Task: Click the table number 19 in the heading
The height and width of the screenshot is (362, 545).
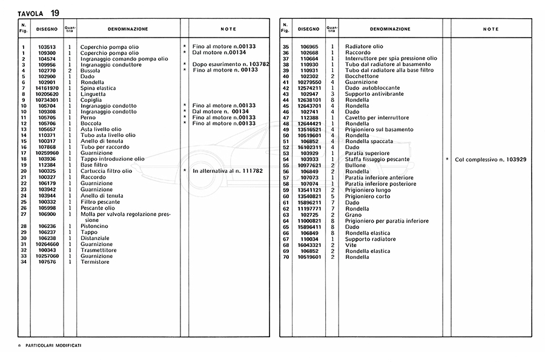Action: [54, 13]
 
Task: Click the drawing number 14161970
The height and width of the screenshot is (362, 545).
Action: [47, 88]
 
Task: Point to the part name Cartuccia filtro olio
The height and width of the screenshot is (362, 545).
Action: [107, 171]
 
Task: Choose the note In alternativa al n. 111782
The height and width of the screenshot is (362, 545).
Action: [228, 171]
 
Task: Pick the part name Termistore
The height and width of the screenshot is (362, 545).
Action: [95, 262]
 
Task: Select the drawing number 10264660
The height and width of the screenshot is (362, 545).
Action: [47, 244]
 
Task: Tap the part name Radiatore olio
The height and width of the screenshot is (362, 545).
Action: [364, 47]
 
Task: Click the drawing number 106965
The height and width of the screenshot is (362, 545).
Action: [309, 47]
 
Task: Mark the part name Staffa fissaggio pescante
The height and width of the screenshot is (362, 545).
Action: [377, 159]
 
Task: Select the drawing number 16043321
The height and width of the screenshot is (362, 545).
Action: [309, 245]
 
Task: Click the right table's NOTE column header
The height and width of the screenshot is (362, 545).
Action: [491, 29]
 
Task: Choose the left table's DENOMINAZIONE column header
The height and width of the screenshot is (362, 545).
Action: [128, 29]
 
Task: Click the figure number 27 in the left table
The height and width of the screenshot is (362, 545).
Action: [23, 214]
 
